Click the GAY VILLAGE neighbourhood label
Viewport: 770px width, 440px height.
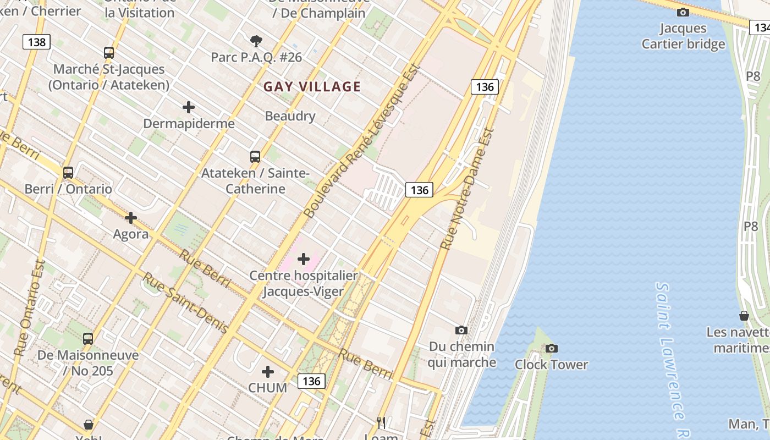tap(312, 86)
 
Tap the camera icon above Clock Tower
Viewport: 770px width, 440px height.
tap(551, 348)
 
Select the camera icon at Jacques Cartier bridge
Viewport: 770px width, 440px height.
tap(683, 12)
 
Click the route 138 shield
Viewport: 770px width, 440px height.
tap(36, 42)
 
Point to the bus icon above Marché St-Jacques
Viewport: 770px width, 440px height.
tap(109, 53)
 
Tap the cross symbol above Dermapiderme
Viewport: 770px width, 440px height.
tap(189, 107)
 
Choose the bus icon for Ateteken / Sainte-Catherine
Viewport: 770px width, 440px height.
tap(255, 156)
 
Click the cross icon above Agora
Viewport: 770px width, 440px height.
tap(131, 218)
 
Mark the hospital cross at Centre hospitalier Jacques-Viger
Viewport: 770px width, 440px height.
tap(304, 258)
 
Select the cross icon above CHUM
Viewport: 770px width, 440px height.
tap(268, 372)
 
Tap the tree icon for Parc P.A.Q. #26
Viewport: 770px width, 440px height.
tap(256, 41)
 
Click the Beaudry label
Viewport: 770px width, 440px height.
tap(290, 116)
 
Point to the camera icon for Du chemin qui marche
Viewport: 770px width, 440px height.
tap(461, 330)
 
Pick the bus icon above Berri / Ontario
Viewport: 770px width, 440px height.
tap(68, 173)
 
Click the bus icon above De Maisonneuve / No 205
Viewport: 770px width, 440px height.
tap(88, 338)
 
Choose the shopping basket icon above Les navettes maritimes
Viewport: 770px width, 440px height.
tap(744, 316)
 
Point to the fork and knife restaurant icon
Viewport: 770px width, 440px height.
tap(381, 422)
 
